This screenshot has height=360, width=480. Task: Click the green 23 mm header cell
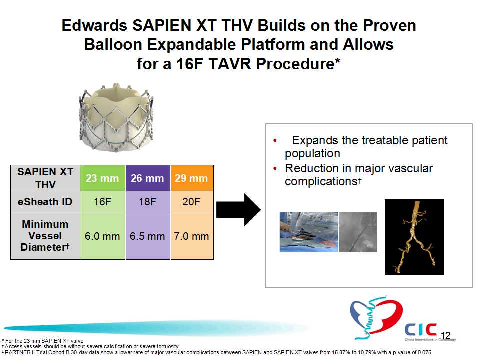pyautogui.click(x=103, y=178)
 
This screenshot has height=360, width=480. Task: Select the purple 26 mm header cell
pyautogui.click(x=148, y=178)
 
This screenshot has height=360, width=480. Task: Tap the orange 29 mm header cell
pyautogui.click(x=192, y=178)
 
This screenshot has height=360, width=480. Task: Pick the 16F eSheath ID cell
pyautogui.click(x=103, y=201)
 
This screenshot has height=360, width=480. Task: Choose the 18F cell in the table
pyautogui.click(x=148, y=201)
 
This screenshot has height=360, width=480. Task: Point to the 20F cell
pyautogui.click(x=192, y=201)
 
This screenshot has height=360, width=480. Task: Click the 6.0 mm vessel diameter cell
pyautogui.click(x=103, y=236)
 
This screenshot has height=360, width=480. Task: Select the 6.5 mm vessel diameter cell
pyautogui.click(x=148, y=236)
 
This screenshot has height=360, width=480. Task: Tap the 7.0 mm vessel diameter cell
pyautogui.click(x=192, y=236)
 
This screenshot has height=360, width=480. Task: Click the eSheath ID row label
pyautogui.click(x=45, y=201)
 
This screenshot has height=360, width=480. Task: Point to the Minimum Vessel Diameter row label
pyautogui.click(x=45, y=236)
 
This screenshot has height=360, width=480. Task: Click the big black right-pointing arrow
pyautogui.click(x=239, y=210)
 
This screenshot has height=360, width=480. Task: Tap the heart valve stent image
pyautogui.click(x=116, y=117)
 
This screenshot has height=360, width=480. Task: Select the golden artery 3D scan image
pyautogui.click(x=414, y=237)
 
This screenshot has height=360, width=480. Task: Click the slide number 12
pyautogui.click(x=445, y=335)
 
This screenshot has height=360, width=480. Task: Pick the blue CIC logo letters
pyautogui.click(x=421, y=329)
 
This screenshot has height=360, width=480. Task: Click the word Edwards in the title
pyautogui.click(x=94, y=25)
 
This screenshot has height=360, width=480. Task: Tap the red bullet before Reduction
pyautogui.click(x=275, y=168)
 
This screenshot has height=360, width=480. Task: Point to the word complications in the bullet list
pyautogui.click(x=321, y=182)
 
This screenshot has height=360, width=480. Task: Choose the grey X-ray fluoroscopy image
pyautogui.click(x=358, y=232)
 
